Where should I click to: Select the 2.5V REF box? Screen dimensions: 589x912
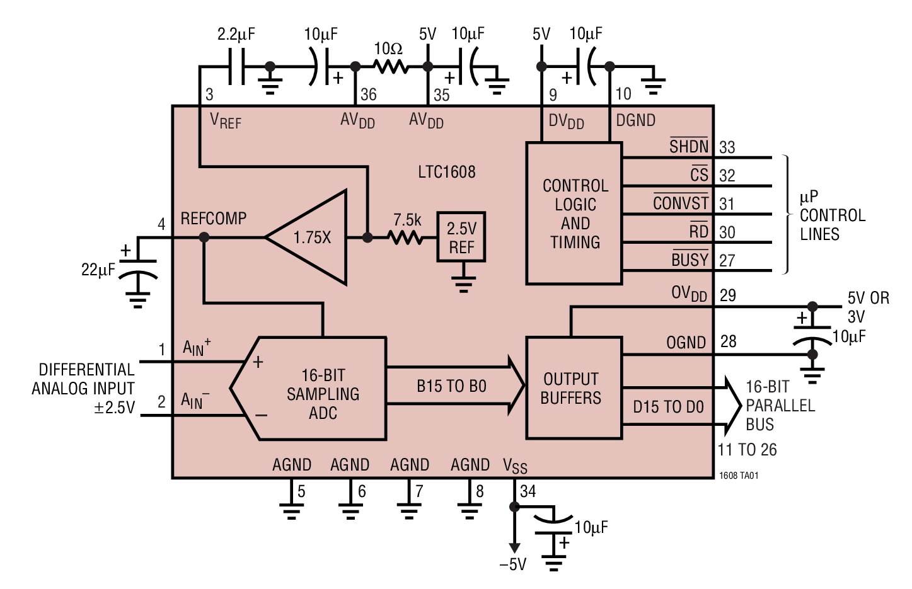[x=461, y=237]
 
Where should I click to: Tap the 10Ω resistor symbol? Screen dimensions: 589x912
[x=391, y=66]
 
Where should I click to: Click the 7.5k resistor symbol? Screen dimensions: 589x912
[x=405, y=237]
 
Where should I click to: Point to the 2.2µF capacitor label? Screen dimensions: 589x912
[x=236, y=34]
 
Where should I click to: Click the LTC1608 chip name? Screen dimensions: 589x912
[x=447, y=172]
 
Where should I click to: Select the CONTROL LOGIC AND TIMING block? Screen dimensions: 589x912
[x=574, y=214]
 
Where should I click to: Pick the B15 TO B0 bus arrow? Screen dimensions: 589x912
[x=454, y=386]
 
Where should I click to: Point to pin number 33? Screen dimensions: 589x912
[x=727, y=147]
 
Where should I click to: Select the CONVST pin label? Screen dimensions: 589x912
[x=681, y=203]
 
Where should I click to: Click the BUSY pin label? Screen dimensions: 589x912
[x=690, y=260]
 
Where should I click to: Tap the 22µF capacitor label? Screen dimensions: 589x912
[x=98, y=270]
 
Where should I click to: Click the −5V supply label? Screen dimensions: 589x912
[x=512, y=564]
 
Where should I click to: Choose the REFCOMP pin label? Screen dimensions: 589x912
[x=214, y=219]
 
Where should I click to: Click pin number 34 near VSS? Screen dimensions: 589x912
[x=528, y=491]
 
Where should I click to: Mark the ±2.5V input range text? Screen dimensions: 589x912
[x=114, y=408]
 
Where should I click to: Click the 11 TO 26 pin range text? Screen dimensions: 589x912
[x=747, y=450]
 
